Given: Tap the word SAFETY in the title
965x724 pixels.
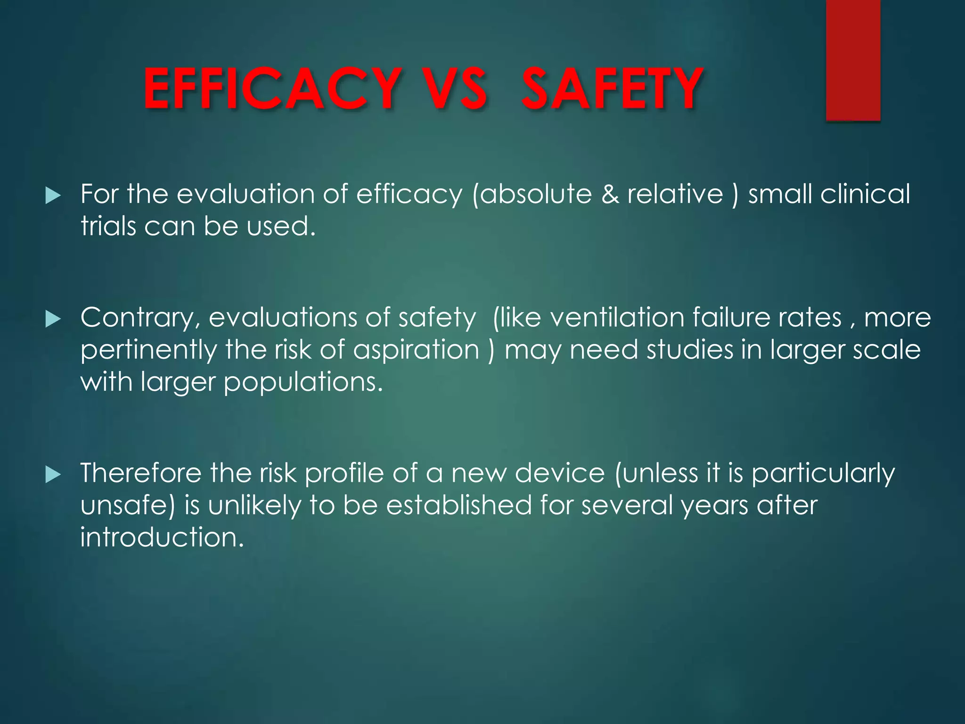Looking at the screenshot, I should point(612,89).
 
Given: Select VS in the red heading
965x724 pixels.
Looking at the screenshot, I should point(454,89).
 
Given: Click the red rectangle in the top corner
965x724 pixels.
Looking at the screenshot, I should point(853,60).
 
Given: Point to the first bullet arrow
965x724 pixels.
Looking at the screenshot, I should point(53,196).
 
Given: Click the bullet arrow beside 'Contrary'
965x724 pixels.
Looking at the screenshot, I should point(53,320).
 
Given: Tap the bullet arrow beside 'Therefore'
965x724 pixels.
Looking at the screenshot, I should point(53,475).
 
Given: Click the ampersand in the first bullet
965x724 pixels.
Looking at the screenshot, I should point(610,194).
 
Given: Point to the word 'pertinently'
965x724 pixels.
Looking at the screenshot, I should point(148,351).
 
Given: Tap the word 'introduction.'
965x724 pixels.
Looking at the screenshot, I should point(162,537).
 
